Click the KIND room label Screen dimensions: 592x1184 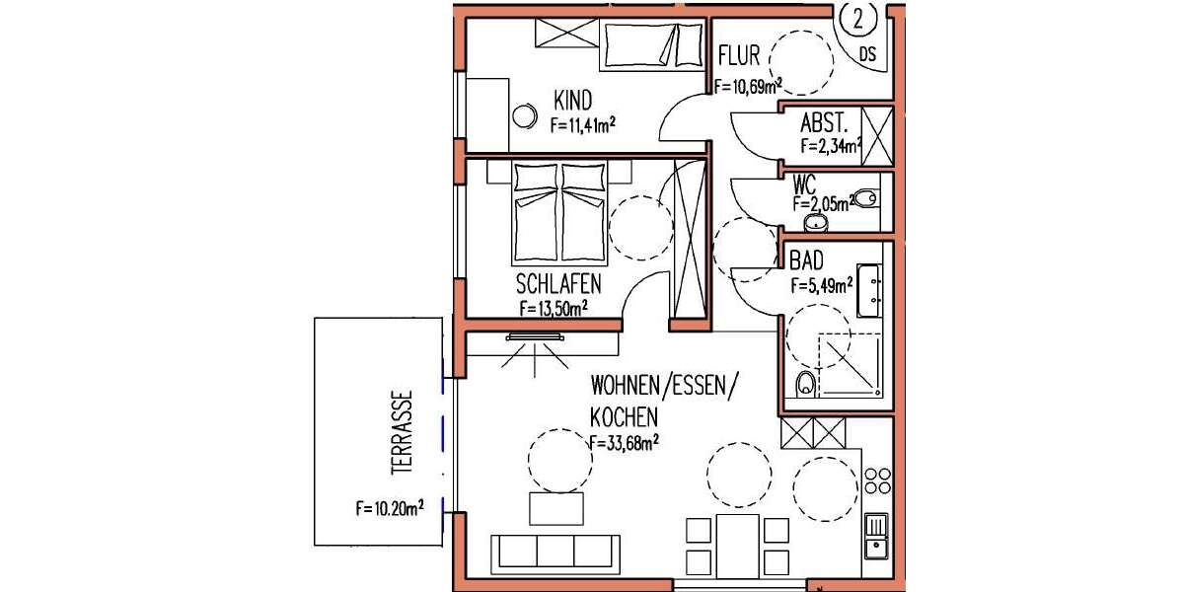[x=573, y=101]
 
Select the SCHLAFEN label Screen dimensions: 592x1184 [x=559, y=284]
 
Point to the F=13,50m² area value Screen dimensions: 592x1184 [x=554, y=308]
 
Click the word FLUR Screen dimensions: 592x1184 [x=739, y=55]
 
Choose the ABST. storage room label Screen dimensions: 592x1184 [x=825, y=125]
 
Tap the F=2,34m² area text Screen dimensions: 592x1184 [x=830, y=147]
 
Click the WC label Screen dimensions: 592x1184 [x=804, y=184]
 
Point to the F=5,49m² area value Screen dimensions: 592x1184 [x=821, y=287]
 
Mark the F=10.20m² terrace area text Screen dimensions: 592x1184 [x=390, y=509]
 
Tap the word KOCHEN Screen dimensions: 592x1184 [x=624, y=417]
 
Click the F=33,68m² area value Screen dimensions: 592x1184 [x=623, y=443]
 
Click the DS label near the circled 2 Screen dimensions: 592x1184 [x=867, y=53]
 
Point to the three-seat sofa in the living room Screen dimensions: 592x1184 [x=555, y=554]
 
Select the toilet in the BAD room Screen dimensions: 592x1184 [x=805, y=383]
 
